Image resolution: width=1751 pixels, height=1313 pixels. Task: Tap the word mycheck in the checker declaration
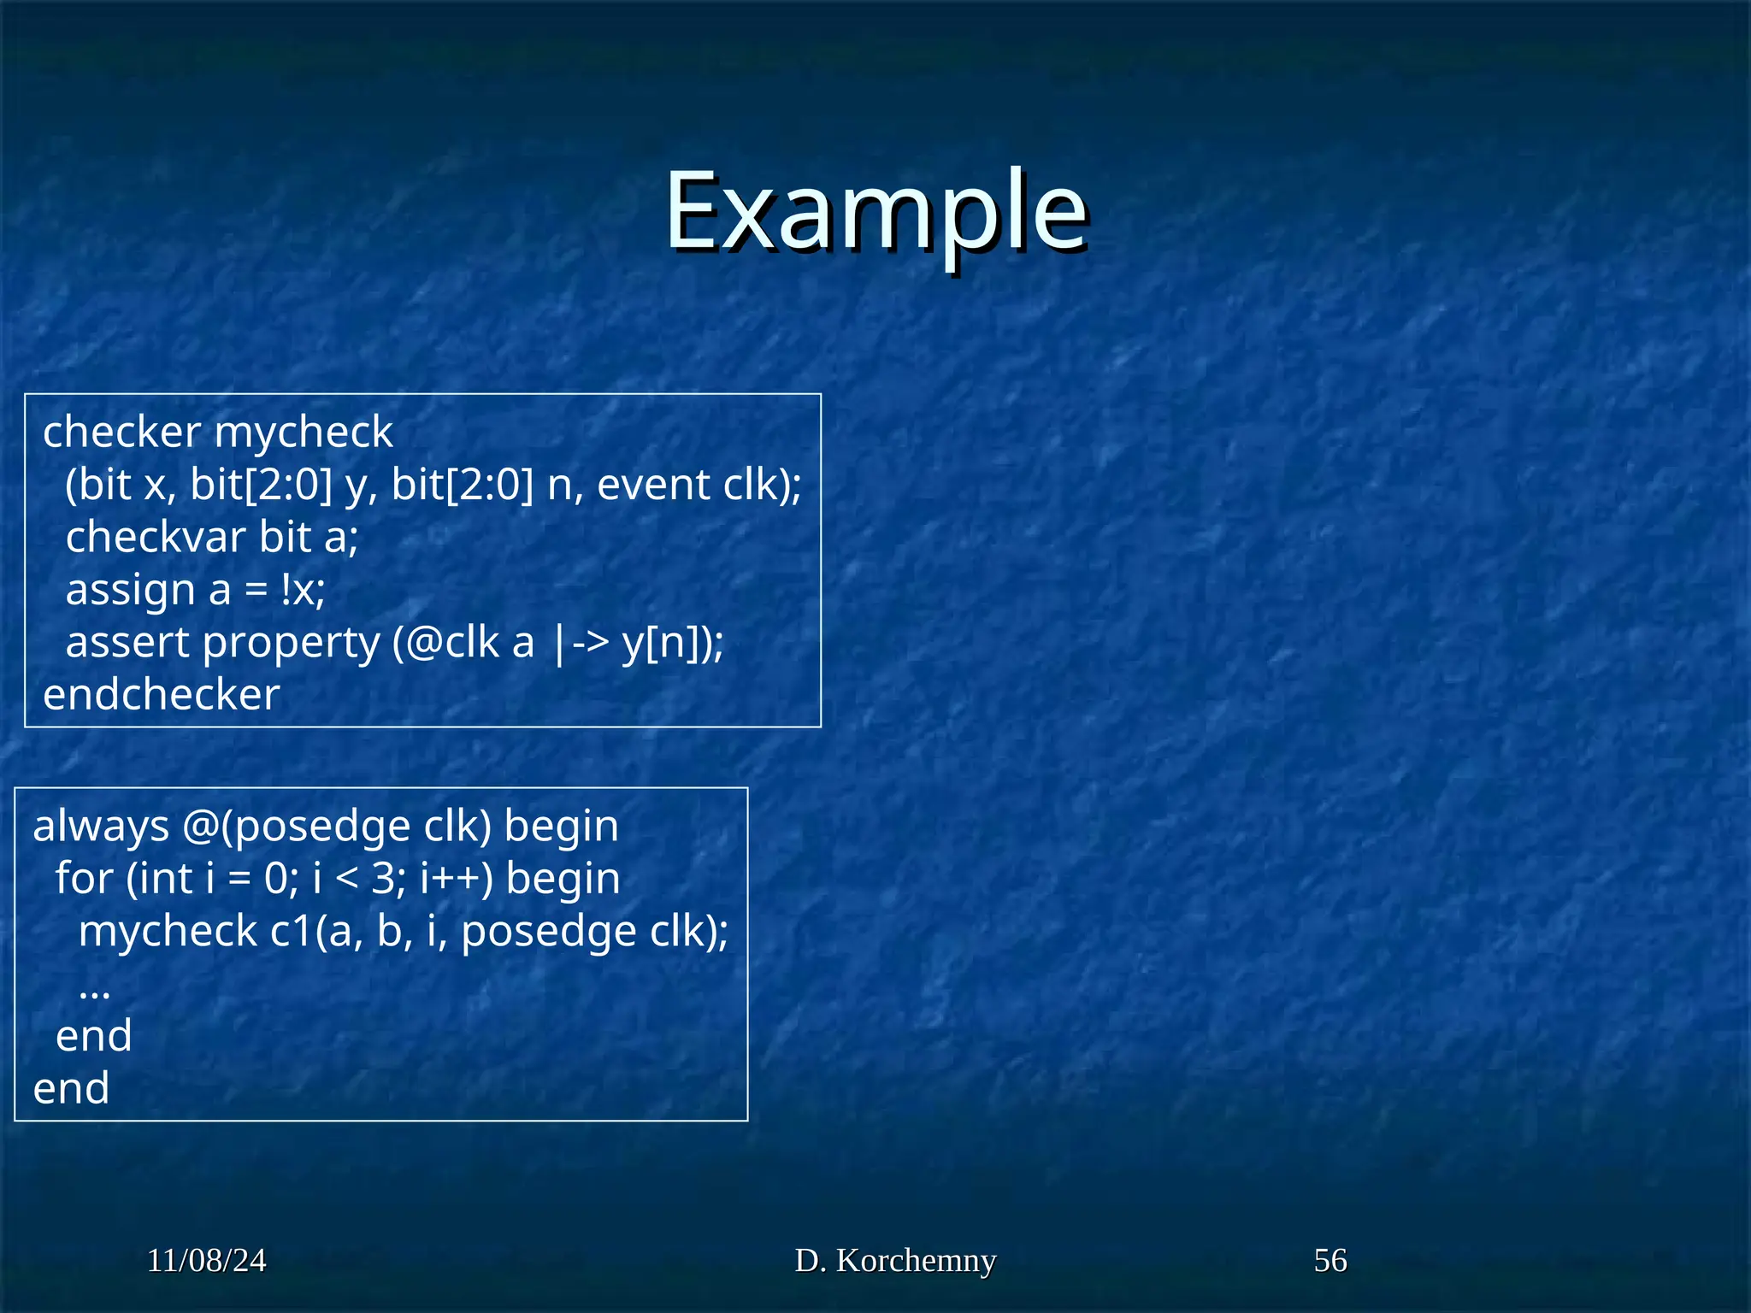(304, 433)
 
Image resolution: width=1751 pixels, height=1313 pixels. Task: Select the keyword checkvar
(156, 538)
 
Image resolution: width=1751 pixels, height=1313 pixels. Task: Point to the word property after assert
(291, 643)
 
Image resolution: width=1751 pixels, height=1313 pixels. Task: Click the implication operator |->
(581, 643)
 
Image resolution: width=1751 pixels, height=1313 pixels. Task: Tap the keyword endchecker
(162, 695)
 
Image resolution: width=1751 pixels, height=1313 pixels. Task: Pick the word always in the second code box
(101, 827)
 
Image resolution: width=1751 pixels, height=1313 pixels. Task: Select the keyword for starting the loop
(85, 879)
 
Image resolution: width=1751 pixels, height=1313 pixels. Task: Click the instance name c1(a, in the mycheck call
(315, 931)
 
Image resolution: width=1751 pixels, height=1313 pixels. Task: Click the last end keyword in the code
(71, 1089)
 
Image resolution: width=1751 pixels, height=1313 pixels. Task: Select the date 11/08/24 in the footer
(206, 1260)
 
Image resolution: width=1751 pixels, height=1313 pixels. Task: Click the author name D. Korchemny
(895, 1260)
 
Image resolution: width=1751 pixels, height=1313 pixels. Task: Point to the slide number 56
(1329, 1260)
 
